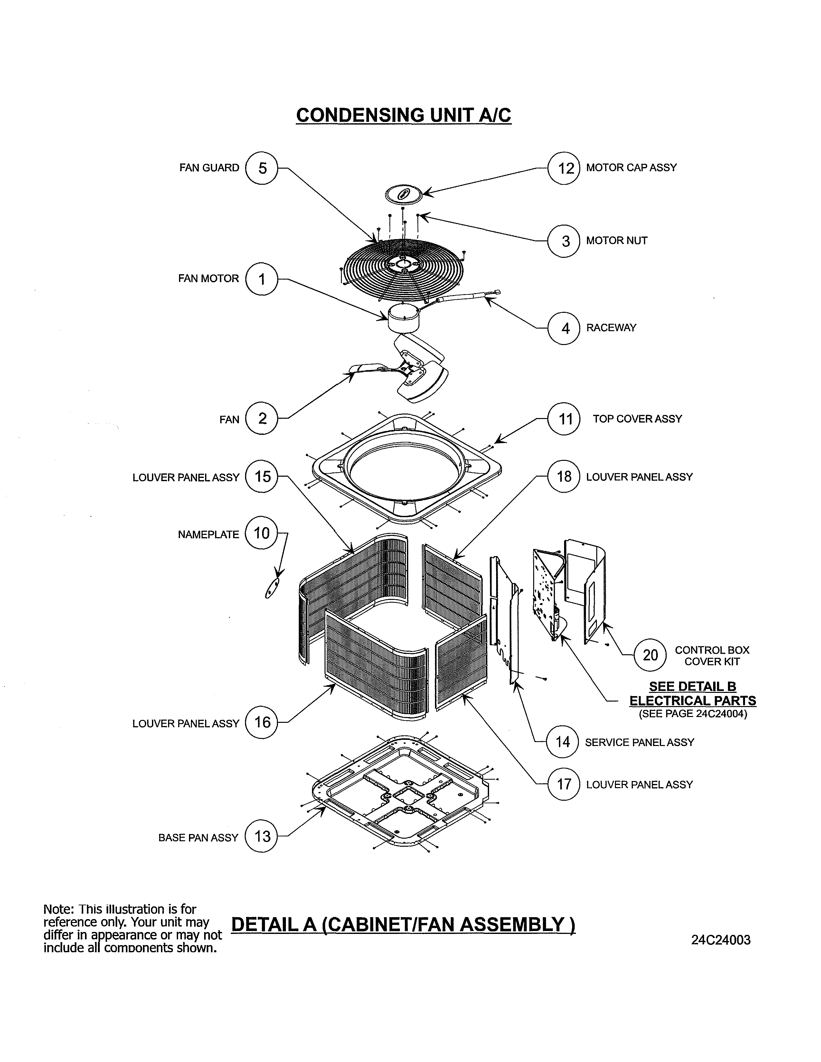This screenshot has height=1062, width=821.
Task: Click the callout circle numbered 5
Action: (262, 168)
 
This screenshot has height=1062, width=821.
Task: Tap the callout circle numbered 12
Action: (564, 168)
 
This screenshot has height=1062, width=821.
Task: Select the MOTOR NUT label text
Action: (616, 241)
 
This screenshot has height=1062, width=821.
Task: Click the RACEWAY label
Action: (611, 328)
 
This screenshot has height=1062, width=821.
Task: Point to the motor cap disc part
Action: (403, 194)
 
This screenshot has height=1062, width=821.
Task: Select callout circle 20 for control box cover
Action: (650, 655)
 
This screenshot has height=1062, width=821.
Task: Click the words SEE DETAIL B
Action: (692, 687)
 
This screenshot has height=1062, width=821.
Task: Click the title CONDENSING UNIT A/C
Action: (403, 115)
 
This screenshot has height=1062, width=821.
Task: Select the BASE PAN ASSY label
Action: (198, 837)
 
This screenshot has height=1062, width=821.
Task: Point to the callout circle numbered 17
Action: (564, 784)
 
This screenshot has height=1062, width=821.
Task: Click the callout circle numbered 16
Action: (262, 722)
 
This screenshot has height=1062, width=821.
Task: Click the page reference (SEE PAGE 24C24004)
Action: (693, 714)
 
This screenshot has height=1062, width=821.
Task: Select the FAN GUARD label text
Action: (209, 168)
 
